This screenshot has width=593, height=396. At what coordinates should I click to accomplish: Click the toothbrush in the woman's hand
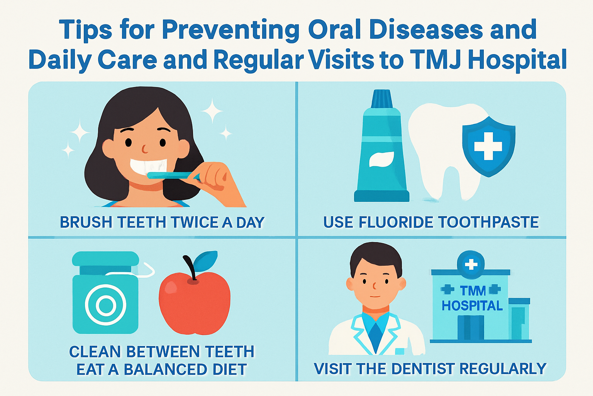click(x=170, y=175)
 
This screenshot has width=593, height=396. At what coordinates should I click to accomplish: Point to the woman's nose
click(x=144, y=148)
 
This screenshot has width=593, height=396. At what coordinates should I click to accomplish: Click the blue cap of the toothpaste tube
click(x=381, y=99)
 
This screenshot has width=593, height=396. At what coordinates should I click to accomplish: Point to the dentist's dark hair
click(x=375, y=255)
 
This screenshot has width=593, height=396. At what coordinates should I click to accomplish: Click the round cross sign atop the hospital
click(x=471, y=265)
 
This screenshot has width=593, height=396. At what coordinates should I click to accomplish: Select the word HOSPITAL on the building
click(x=472, y=306)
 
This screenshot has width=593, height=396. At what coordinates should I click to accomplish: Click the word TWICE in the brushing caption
click(x=195, y=223)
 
